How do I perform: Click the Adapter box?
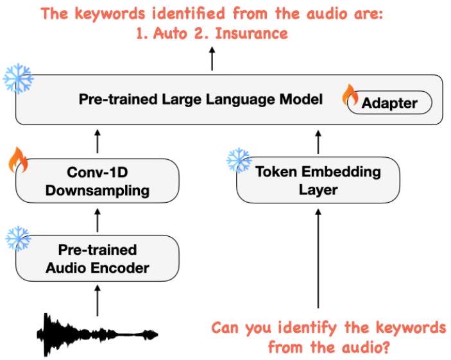point(389,103)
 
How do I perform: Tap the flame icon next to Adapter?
point(351,95)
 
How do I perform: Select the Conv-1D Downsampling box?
point(98,182)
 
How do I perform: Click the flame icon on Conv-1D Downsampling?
point(19,161)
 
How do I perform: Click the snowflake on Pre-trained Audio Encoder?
point(18,238)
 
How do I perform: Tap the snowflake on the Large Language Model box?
point(18,78)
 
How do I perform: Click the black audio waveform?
point(96,335)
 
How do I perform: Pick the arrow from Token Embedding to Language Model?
point(318,141)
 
